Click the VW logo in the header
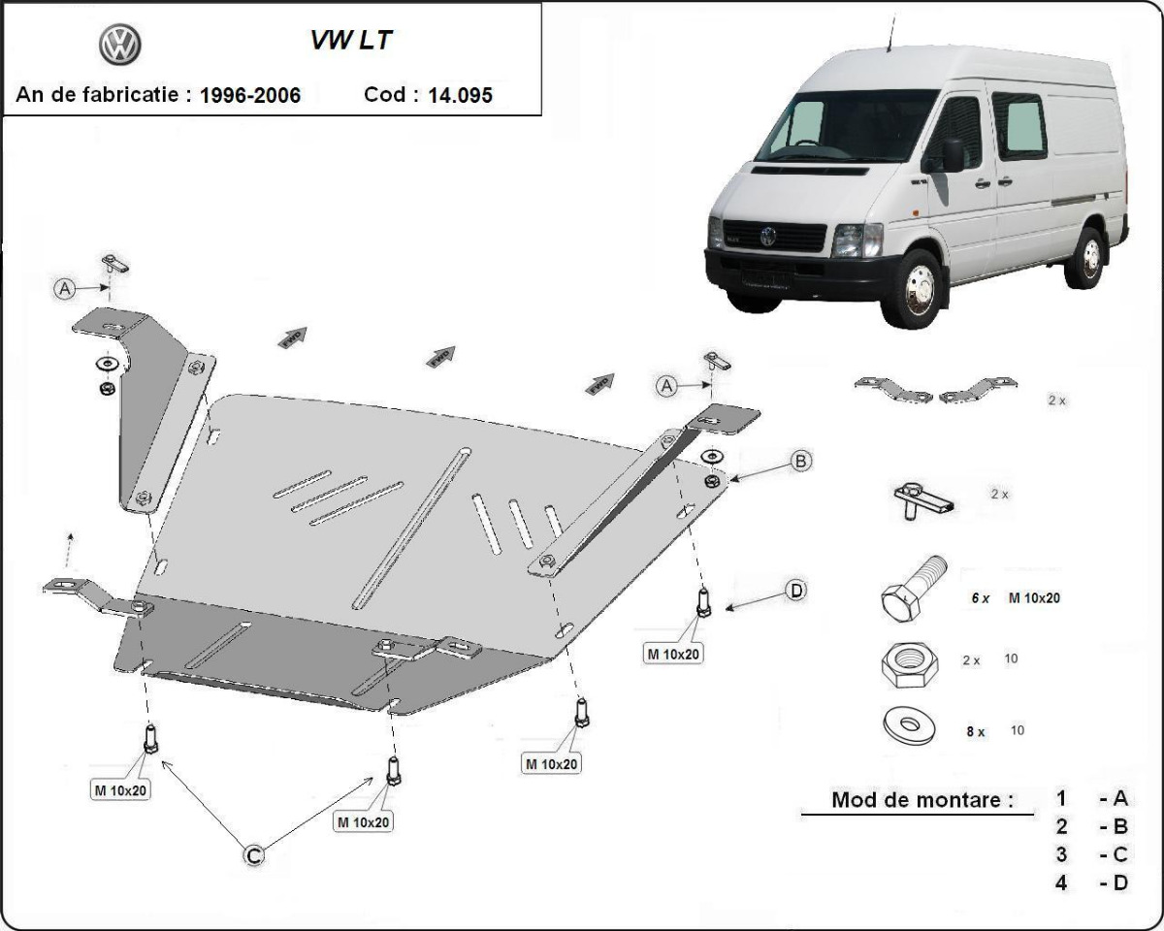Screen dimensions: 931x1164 coord(120,45)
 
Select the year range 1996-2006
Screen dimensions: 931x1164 coord(249,95)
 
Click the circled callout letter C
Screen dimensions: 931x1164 coord(252,854)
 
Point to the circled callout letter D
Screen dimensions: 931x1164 coord(795,590)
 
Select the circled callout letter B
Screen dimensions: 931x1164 coord(800,462)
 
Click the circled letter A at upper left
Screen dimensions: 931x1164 coord(65,288)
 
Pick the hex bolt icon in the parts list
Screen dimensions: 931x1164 coord(912,589)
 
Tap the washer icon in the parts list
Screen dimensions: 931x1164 coord(909,725)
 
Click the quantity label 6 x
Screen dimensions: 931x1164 coord(981,598)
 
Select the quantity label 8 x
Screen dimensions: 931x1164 coord(975,732)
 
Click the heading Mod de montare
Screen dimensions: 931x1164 coord(921,800)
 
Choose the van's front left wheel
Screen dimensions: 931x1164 coord(913,289)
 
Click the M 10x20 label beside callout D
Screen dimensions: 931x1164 coord(673,654)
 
